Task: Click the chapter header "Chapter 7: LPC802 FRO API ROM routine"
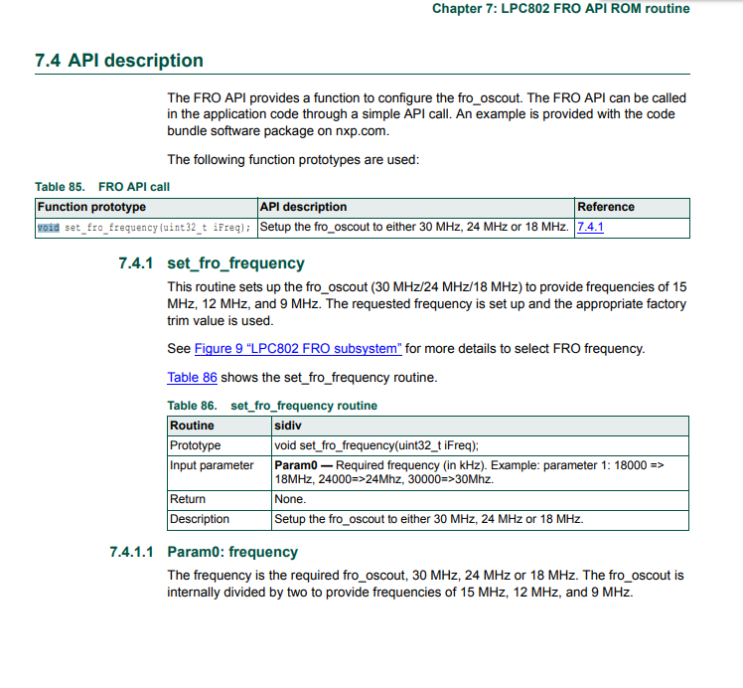560,9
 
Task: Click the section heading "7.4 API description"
119,61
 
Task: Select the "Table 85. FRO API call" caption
109,186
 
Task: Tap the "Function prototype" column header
91,207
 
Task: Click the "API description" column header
303,207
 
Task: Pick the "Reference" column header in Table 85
605,207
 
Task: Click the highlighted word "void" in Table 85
48,228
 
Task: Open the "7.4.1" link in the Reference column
590,228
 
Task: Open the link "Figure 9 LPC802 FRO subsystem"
298,349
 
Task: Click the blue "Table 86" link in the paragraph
192,378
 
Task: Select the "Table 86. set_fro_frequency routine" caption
272,406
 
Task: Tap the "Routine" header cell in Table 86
192,426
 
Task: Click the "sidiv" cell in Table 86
288,426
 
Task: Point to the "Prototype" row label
196,445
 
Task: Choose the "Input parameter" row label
212,465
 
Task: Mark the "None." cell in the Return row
290,499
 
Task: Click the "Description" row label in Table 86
200,519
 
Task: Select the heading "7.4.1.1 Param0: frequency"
204,552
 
